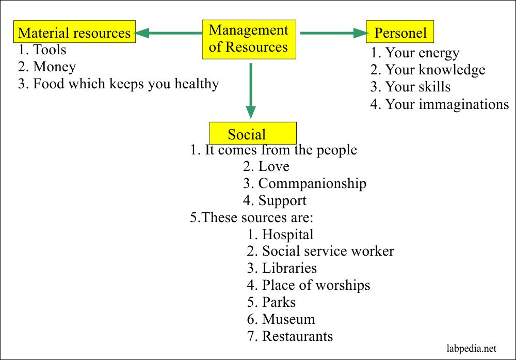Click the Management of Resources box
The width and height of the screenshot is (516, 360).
pos(249,40)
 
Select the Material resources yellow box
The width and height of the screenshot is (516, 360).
pos(74,32)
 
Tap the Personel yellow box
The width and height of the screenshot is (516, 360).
pos(400,32)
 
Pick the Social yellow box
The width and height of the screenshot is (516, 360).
pos(253,133)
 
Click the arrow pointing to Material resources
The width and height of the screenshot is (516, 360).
pos(169,33)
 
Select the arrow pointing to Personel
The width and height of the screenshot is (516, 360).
pos(334,33)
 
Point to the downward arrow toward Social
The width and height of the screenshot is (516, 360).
pos(251,90)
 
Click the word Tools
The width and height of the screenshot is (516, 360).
pos(50,50)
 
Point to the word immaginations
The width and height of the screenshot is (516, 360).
pos(464,105)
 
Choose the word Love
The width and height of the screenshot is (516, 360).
pos(274,166)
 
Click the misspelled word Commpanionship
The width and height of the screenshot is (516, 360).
pos(312,184)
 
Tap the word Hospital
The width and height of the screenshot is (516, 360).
pos(287,235)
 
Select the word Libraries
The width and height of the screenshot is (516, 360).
pos(289,268)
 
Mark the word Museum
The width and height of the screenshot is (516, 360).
pos(288,319)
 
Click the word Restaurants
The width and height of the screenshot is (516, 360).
pos(298,336)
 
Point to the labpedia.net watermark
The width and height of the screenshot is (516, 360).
pos(471,349)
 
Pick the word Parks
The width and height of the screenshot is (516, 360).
pos(279,302)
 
